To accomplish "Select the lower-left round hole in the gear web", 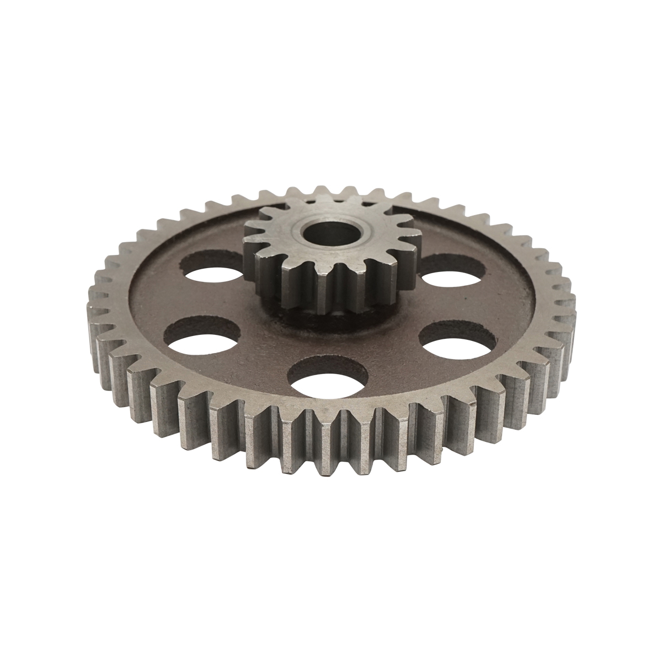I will tap(203, 337).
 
